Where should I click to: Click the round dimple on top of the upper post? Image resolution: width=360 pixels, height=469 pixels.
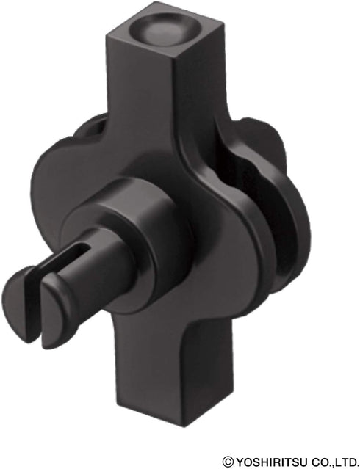point(165,29)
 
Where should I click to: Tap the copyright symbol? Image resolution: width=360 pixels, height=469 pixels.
point(228,461)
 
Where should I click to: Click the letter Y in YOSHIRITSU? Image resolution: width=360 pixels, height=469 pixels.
point(240,461)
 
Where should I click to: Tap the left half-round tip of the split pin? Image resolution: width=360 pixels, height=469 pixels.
point(19,304)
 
